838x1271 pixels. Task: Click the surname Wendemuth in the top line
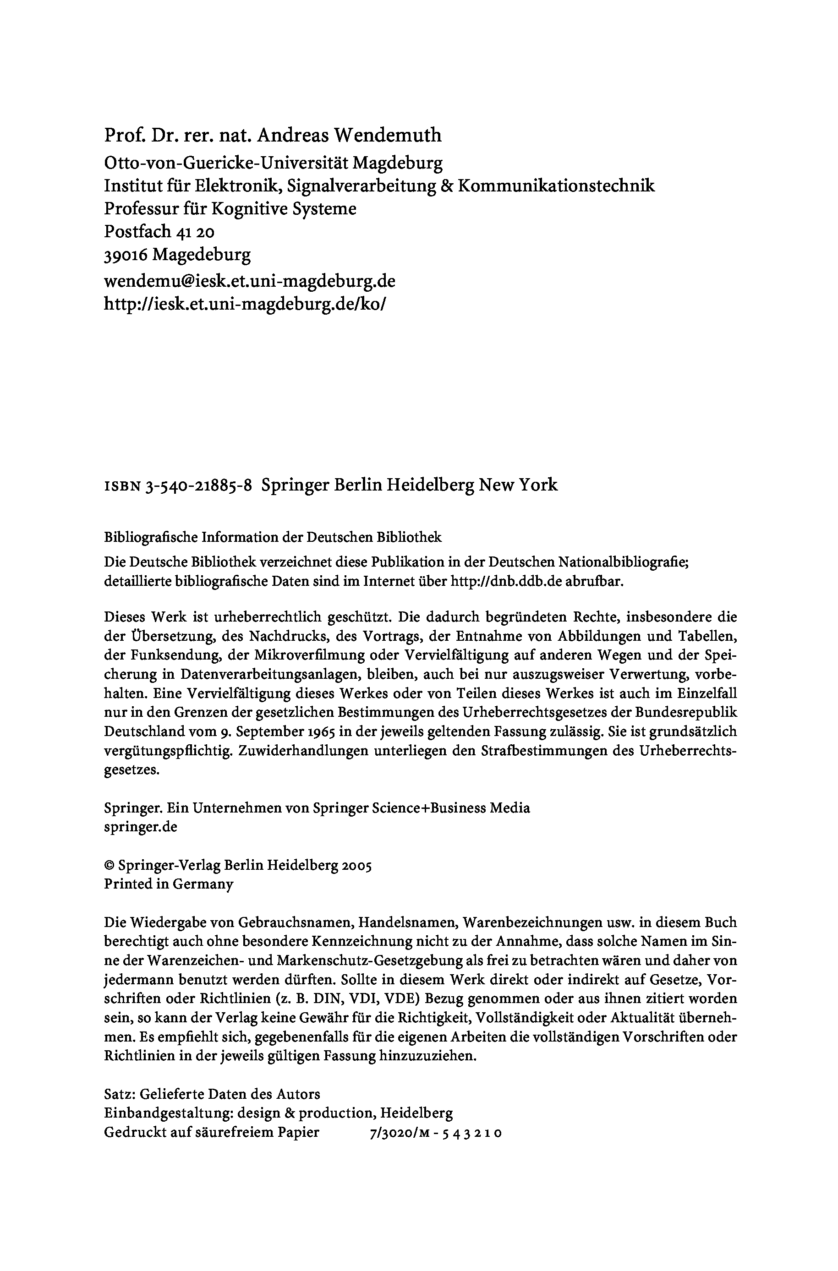click(388, 136)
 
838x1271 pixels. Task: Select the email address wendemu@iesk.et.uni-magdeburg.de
click(249, 281)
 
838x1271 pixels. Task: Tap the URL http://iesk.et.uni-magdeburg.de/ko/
click(245, 304)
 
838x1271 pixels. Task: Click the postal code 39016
click(126, 255)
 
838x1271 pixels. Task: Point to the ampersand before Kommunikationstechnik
click(447, 186)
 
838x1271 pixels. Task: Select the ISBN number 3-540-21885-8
click(198, 485)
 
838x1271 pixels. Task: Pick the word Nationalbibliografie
click(622, 562)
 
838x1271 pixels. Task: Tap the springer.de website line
click(141, 827)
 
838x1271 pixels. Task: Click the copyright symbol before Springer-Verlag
click(109, 866)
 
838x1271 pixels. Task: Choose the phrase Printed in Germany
click(168, 884)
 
